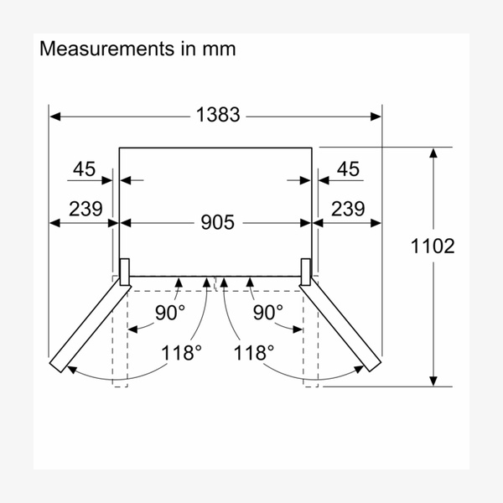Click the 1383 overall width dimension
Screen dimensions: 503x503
(218, 115)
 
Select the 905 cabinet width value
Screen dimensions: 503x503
(217, 222)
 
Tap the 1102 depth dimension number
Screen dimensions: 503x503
(433, 246)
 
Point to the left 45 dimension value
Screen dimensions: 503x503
(85, 169)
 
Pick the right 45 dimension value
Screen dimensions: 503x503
(348, 169)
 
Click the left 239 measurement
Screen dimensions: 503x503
(86, 209)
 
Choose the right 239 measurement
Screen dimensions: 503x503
(348, 209)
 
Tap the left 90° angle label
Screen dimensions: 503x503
(170, 313)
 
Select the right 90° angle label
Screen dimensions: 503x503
(268, 313)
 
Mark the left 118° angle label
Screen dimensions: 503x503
(182, 353)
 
